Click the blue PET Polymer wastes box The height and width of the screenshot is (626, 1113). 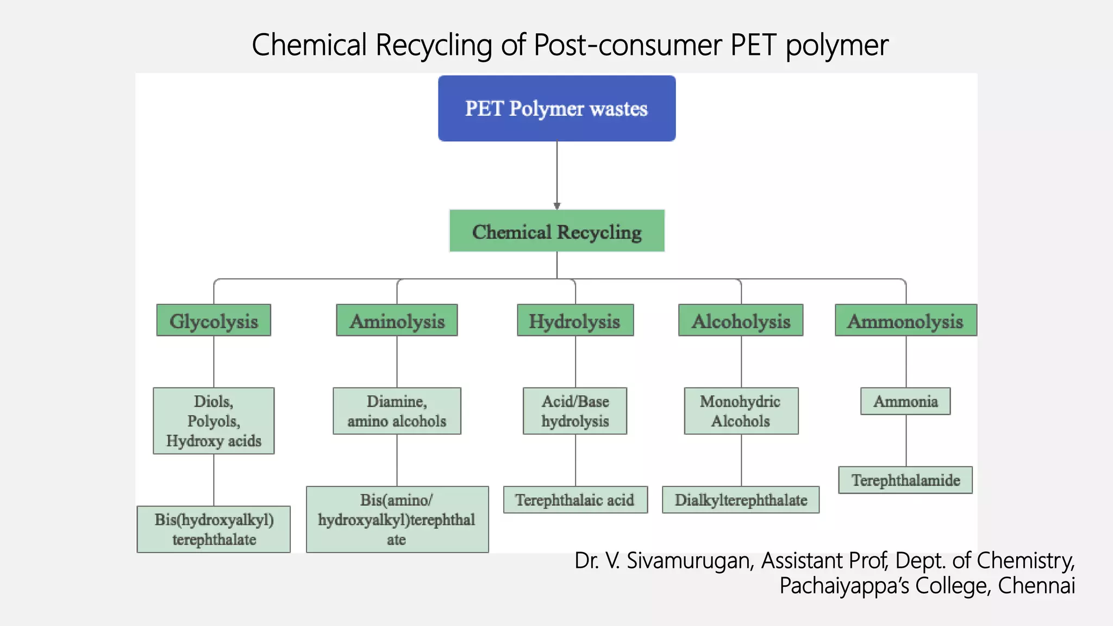[556, 109]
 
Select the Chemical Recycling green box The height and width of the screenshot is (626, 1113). [556, 231]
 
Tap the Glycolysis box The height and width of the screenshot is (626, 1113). [214, 321]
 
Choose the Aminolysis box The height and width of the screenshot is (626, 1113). [397, 321]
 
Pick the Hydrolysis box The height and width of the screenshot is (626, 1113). [575, 321]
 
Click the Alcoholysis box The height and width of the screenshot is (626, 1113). [741, 321]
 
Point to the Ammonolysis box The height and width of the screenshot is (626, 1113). [905, 321]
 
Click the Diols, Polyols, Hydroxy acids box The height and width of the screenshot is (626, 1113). [214, 421]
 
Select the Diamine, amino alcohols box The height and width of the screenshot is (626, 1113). [397, 411]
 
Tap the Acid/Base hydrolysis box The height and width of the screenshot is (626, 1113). [575, 411]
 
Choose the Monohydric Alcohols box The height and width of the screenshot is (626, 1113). [741, 411]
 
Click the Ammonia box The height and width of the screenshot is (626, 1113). [905, 402]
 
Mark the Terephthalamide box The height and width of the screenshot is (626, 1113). [905, 480]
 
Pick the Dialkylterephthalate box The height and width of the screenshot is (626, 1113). [741, 500]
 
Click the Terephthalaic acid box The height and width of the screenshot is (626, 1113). [575, 500]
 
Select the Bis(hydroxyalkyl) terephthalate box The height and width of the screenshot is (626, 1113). [214, 529]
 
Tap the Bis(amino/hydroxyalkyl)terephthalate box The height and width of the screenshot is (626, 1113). [397, 519]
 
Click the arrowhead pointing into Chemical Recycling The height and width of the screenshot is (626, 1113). [556, 206]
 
